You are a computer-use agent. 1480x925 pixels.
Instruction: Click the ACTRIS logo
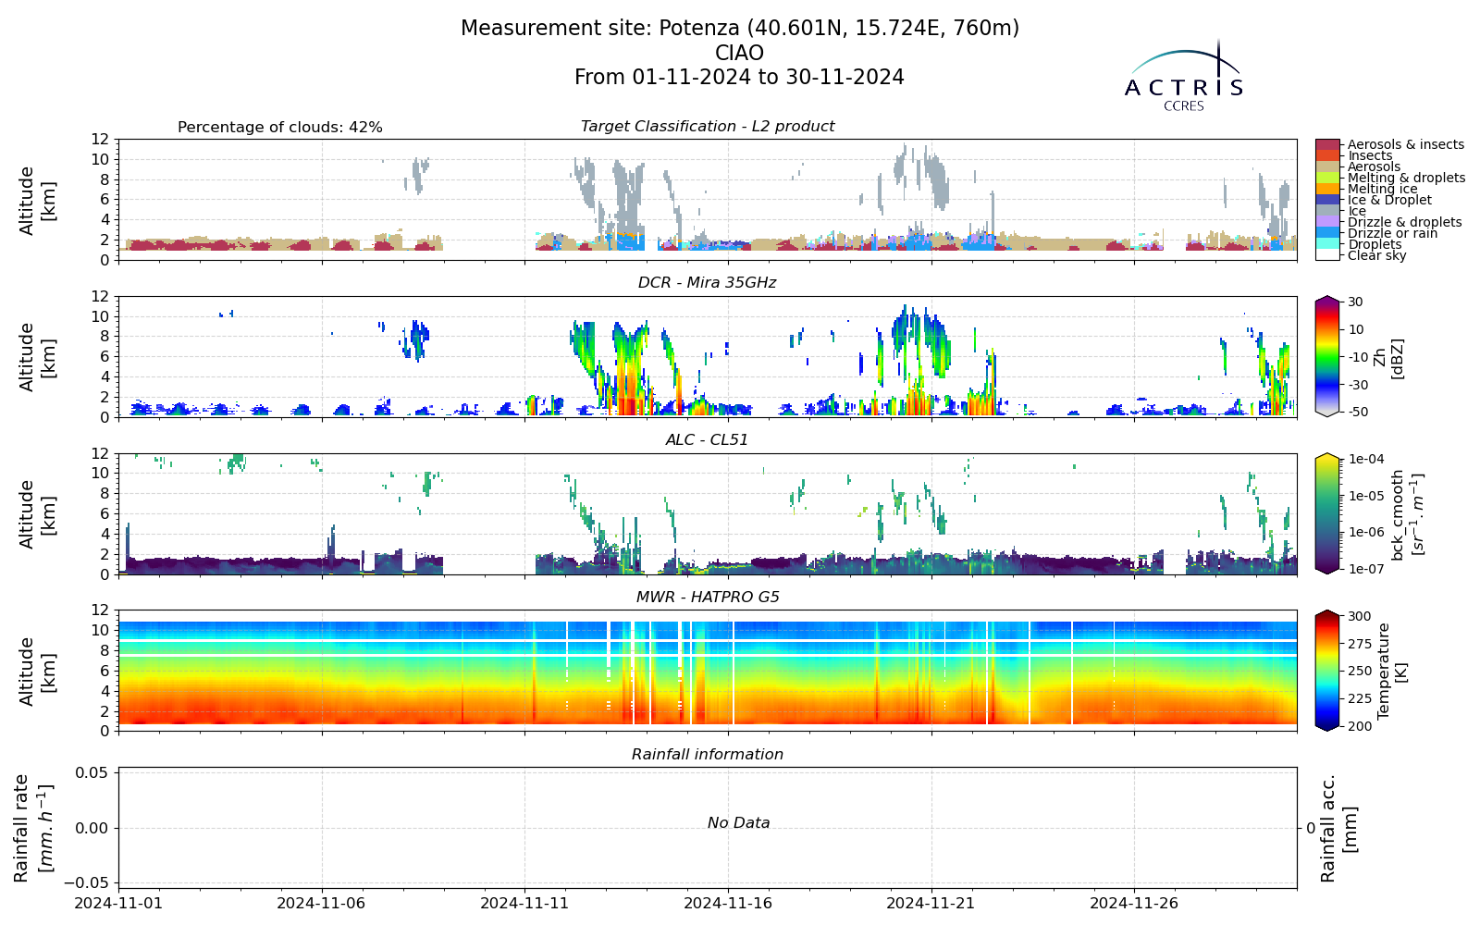click(x=1183, y=76)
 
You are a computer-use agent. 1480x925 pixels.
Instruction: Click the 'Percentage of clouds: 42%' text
click(x=280, y=128)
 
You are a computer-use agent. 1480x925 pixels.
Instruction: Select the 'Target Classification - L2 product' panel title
click(x=707, y=126)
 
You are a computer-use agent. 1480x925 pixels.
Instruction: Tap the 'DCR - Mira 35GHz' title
click(x=707, y=283)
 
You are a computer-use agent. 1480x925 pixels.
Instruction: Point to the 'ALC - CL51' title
click(x=707, y=440)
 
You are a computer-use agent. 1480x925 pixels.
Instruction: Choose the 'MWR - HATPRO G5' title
click(x=708, y=598)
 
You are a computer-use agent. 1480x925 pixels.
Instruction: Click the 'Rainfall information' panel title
click(x=707, y=755)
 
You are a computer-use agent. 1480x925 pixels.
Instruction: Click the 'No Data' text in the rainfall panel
click(x=739, y=822)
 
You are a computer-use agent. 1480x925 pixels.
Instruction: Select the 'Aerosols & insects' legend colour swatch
click(x=1327, y=144)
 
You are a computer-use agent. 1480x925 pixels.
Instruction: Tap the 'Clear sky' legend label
click(x=1377, y=255)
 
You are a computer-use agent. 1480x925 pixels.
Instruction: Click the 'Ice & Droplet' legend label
click(x=1389, y=200)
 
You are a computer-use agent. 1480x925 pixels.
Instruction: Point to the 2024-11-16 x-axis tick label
click(x=728, y=903)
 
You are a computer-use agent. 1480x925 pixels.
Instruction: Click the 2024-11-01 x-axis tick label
click(x=119, y=903)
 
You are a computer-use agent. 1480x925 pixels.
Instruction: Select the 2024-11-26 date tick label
click(x=1134, y=903)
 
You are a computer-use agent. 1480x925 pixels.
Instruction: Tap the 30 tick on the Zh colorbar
click(x=1355, y=302)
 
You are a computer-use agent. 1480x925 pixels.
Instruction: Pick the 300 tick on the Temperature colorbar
click(x=1360, y=616)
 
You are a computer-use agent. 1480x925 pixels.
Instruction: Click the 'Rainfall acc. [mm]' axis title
click(x=1338, y=828)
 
